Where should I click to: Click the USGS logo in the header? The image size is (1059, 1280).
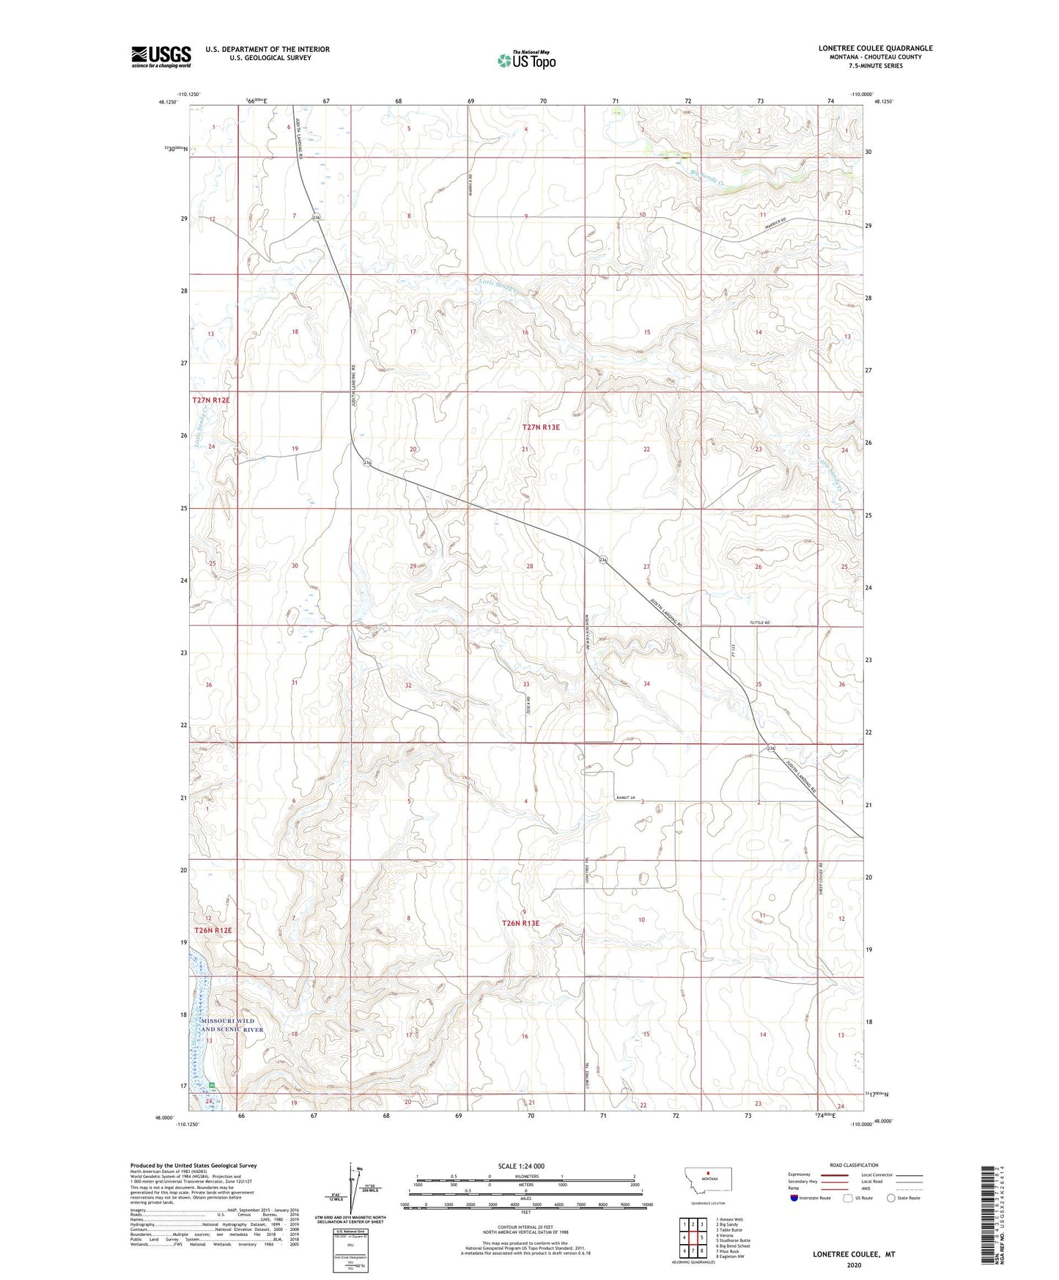(x=161, y=56)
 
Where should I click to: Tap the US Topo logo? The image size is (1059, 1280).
(x=526, y=59)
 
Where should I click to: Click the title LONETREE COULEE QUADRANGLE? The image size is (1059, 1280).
(x=875, y=48)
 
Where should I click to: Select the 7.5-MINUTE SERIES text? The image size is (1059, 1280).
(x=875, y=66)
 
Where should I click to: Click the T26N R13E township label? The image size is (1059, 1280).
(x=520, y=923)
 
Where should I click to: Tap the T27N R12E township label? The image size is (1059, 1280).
(x=211, y=400)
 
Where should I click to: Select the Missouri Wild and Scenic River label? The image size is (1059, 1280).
(x=228, y=1025)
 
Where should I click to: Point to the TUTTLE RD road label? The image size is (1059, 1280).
(x=759, y=622)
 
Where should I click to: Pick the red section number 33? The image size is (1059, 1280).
(x=525, y=684)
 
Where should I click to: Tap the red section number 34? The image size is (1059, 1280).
(x=646, y=683)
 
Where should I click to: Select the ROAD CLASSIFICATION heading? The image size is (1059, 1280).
(x=854, y=1165)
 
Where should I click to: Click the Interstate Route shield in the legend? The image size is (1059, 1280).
(x=795, y=1198)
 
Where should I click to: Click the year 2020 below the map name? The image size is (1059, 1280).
(x=853, y=1265)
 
